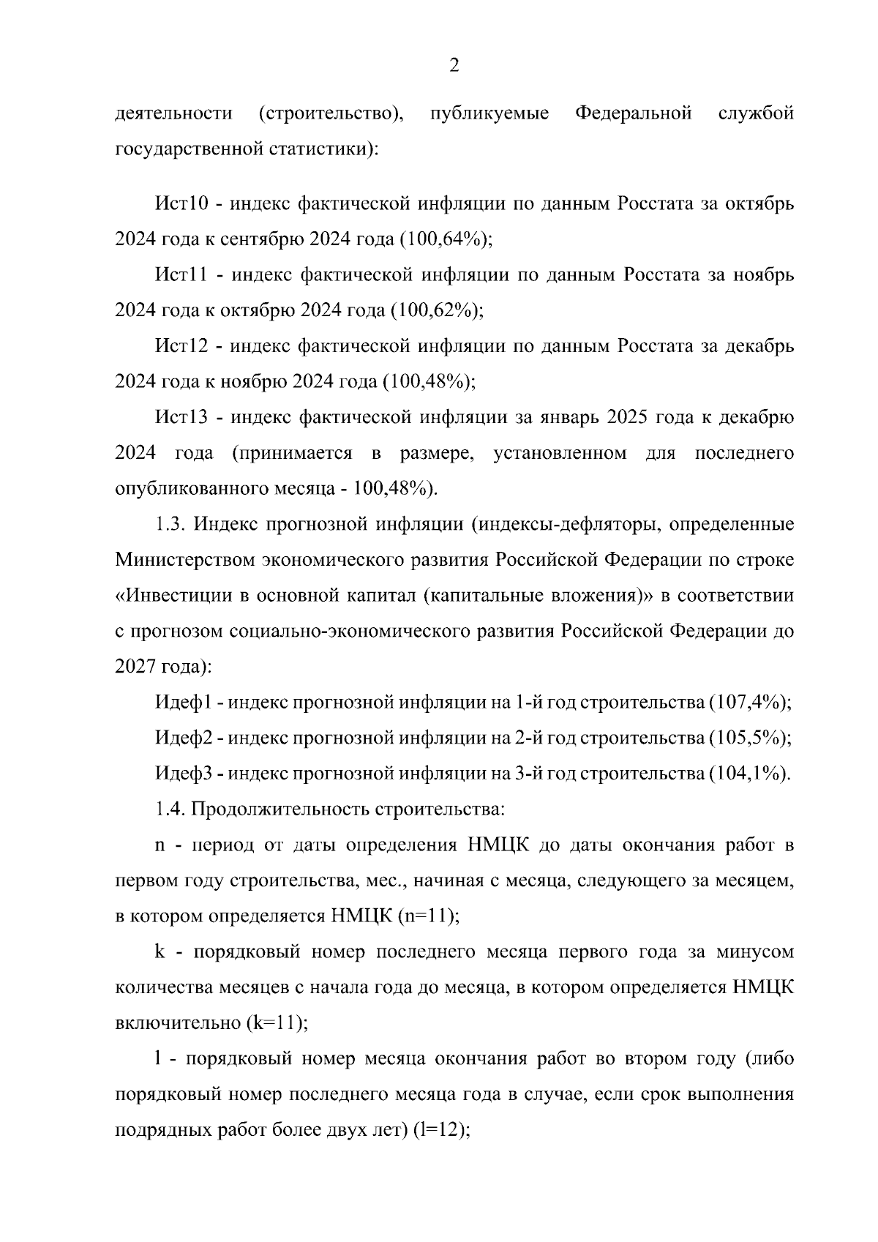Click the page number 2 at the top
coord(454,67)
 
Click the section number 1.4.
coord(173,809)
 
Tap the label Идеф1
coord(183,703)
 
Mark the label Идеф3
coord(183,774)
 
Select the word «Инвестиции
coord(172,595)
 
